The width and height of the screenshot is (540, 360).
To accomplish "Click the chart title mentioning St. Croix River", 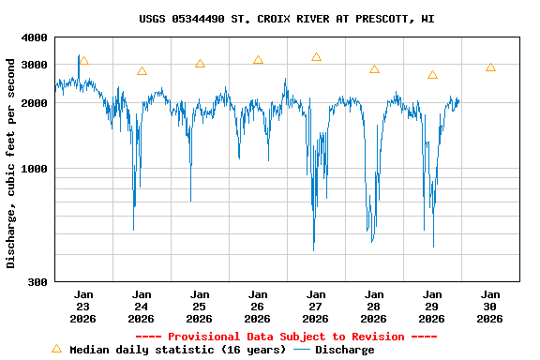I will point(286,19).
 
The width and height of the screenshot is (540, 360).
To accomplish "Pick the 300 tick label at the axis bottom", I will point(38,282).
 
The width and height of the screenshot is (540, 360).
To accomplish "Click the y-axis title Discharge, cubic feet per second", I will point(11,163).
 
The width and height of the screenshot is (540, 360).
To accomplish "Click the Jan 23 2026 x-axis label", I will point(83,307).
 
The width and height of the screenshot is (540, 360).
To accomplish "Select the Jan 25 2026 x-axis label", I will point(200,307).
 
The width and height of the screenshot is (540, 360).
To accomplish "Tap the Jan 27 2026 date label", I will point(316,307).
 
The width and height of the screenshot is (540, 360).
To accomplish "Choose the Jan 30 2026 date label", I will point(489,307).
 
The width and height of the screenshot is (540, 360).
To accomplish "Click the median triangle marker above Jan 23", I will point(83,61).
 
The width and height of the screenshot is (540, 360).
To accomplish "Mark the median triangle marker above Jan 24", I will point(142,71).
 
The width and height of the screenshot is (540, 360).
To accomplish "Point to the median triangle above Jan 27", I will point(316,57).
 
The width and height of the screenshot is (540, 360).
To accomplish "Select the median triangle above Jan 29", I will point(432,75).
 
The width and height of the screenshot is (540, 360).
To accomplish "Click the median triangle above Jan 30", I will point(490,67).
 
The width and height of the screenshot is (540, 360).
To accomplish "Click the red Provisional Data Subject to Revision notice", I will point(286,337).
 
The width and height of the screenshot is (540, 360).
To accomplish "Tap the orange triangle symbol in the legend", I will point(56,349).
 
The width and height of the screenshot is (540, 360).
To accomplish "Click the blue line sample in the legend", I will point(302,350).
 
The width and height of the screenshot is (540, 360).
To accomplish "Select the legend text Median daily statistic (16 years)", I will point(178,350).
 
